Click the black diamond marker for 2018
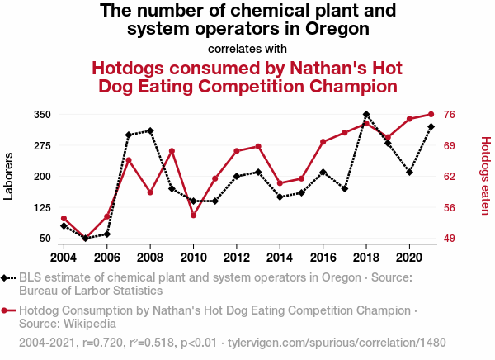click(x=366, y=114)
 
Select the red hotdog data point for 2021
click(x=431, y=114)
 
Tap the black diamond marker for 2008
click(x=150, y=130)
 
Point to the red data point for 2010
click(x=193, y=216)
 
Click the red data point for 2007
click(x=129, y=160)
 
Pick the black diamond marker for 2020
click(x=409, y=172)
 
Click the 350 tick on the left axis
click(x=43, y=114)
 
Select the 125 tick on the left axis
click(x=43, y=207)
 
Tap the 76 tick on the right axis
click(x=450, y=114)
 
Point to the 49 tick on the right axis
click(x=450, y=239)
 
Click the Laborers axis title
click(x=9, y=176)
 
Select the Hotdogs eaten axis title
click(x=485, y=176)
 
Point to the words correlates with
click(x=247, y=48)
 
